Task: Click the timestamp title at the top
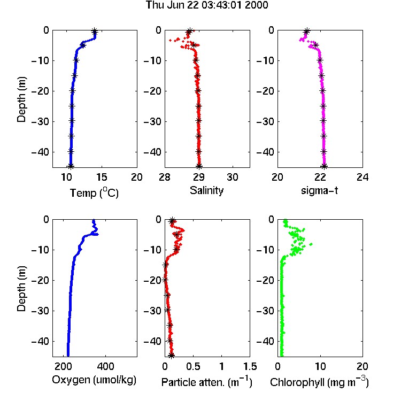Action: pyautogui.click(x=207, y=5)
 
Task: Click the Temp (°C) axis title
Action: pyautogui.click(x=94, y=192)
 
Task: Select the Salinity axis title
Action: pyautogui.click(x=206, y=190)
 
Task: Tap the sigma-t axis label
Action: pyautogui.click(x=319, y=190)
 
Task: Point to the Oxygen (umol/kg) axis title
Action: pyautogui.click(x=94, y=380)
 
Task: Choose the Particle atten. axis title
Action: pyautogui.click(x=207, y=382)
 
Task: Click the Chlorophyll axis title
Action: pyautogui.click(x=319, y=382)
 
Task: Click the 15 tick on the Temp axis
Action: pyautogui.click(x=102, y=177)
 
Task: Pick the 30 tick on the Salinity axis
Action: pyautogui.click(x=233, y=177)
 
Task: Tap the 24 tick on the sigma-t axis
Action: pyautogui.click(x=363, y=177)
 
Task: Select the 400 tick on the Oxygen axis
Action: pyautogui.click(x=105, y=366)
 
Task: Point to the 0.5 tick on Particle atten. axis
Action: pyautogui.click(x=193, y=366)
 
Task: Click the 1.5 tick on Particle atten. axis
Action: pyautogui.click(x=250, y=366)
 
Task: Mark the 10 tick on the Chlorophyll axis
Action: pyautogui.click(x=320, y=366)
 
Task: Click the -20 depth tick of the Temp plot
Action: pyautogui.click(x=40, y=91)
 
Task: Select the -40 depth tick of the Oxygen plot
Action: pyautogui.click(x=40, y=341)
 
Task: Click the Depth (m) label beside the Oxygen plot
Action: pyautogui.click(x=21, y=288)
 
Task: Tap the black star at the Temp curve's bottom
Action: pyautogui.click(x=71, y=166)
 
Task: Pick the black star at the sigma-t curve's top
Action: pyautogui.click(x=306, y=32)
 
